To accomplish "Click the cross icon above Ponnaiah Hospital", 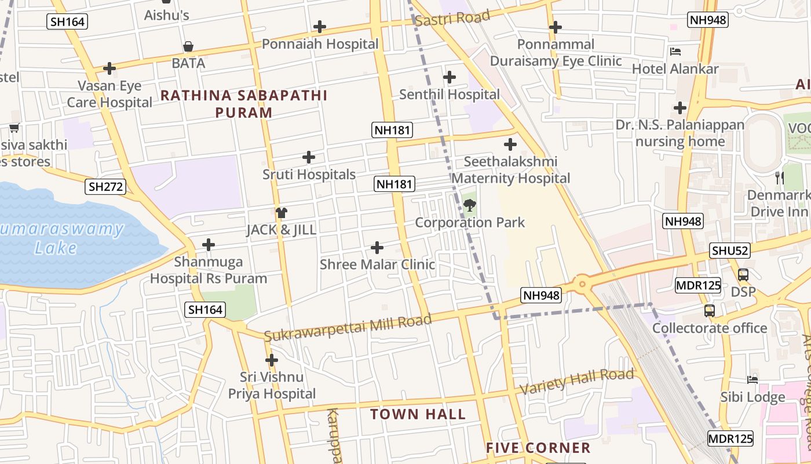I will coord(319,27).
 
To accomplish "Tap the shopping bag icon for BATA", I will coord(188,46).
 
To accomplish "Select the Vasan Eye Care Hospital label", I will coord(109,95).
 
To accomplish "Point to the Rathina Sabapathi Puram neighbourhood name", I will coord(244,104).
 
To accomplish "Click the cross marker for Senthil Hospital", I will coord(449,77).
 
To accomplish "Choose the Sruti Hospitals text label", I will coord(309,175).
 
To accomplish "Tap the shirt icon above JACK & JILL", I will coord(282,213).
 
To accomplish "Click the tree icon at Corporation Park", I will coord(470,205).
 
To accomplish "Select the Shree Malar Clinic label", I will coord(377,264).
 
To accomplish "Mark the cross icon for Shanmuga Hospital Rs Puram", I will coord(208,245).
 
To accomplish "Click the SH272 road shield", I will coord(105,187).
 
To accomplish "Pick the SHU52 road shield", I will coord(730,251).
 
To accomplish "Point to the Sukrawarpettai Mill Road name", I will coord(348,328).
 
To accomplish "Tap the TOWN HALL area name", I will coord(418,414).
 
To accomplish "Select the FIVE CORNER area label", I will coord(538,448).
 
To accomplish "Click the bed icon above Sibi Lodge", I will coord(752,379).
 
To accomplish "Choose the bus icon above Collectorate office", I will coord(710,311).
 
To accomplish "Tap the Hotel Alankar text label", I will coord(675,69).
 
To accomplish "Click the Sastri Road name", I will coord(452,18).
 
